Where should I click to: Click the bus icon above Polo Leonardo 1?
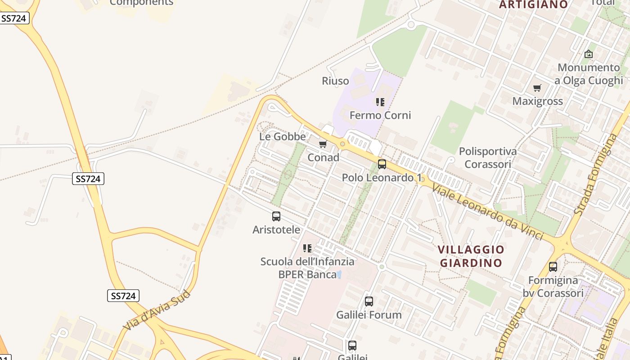click(382, 164)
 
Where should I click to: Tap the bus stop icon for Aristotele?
click(276, 216)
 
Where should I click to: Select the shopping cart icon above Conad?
click(323, 144)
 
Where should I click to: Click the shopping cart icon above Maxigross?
click(537, 88)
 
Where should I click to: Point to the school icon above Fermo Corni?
click(380, 102)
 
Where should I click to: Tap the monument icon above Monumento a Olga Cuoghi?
click(589, 54)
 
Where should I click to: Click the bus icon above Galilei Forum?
click(369, 301)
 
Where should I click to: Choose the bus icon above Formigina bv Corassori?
click(553, 267)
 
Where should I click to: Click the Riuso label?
click(335, 81)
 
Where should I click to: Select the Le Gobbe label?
click(283, 136)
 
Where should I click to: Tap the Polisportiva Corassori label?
click(488, 157)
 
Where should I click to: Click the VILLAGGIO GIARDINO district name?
click(471, 256)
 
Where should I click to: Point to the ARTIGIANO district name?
click(534, 4)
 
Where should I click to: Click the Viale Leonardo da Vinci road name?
click(487, 210)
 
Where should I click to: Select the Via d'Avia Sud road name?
click(157, 311)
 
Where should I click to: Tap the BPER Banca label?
click(307, 274)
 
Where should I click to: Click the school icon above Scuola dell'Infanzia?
click(307, 248)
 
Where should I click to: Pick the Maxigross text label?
click(538, 101)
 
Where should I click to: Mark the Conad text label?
click(323, 158)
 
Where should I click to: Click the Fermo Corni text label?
click(380, 116)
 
